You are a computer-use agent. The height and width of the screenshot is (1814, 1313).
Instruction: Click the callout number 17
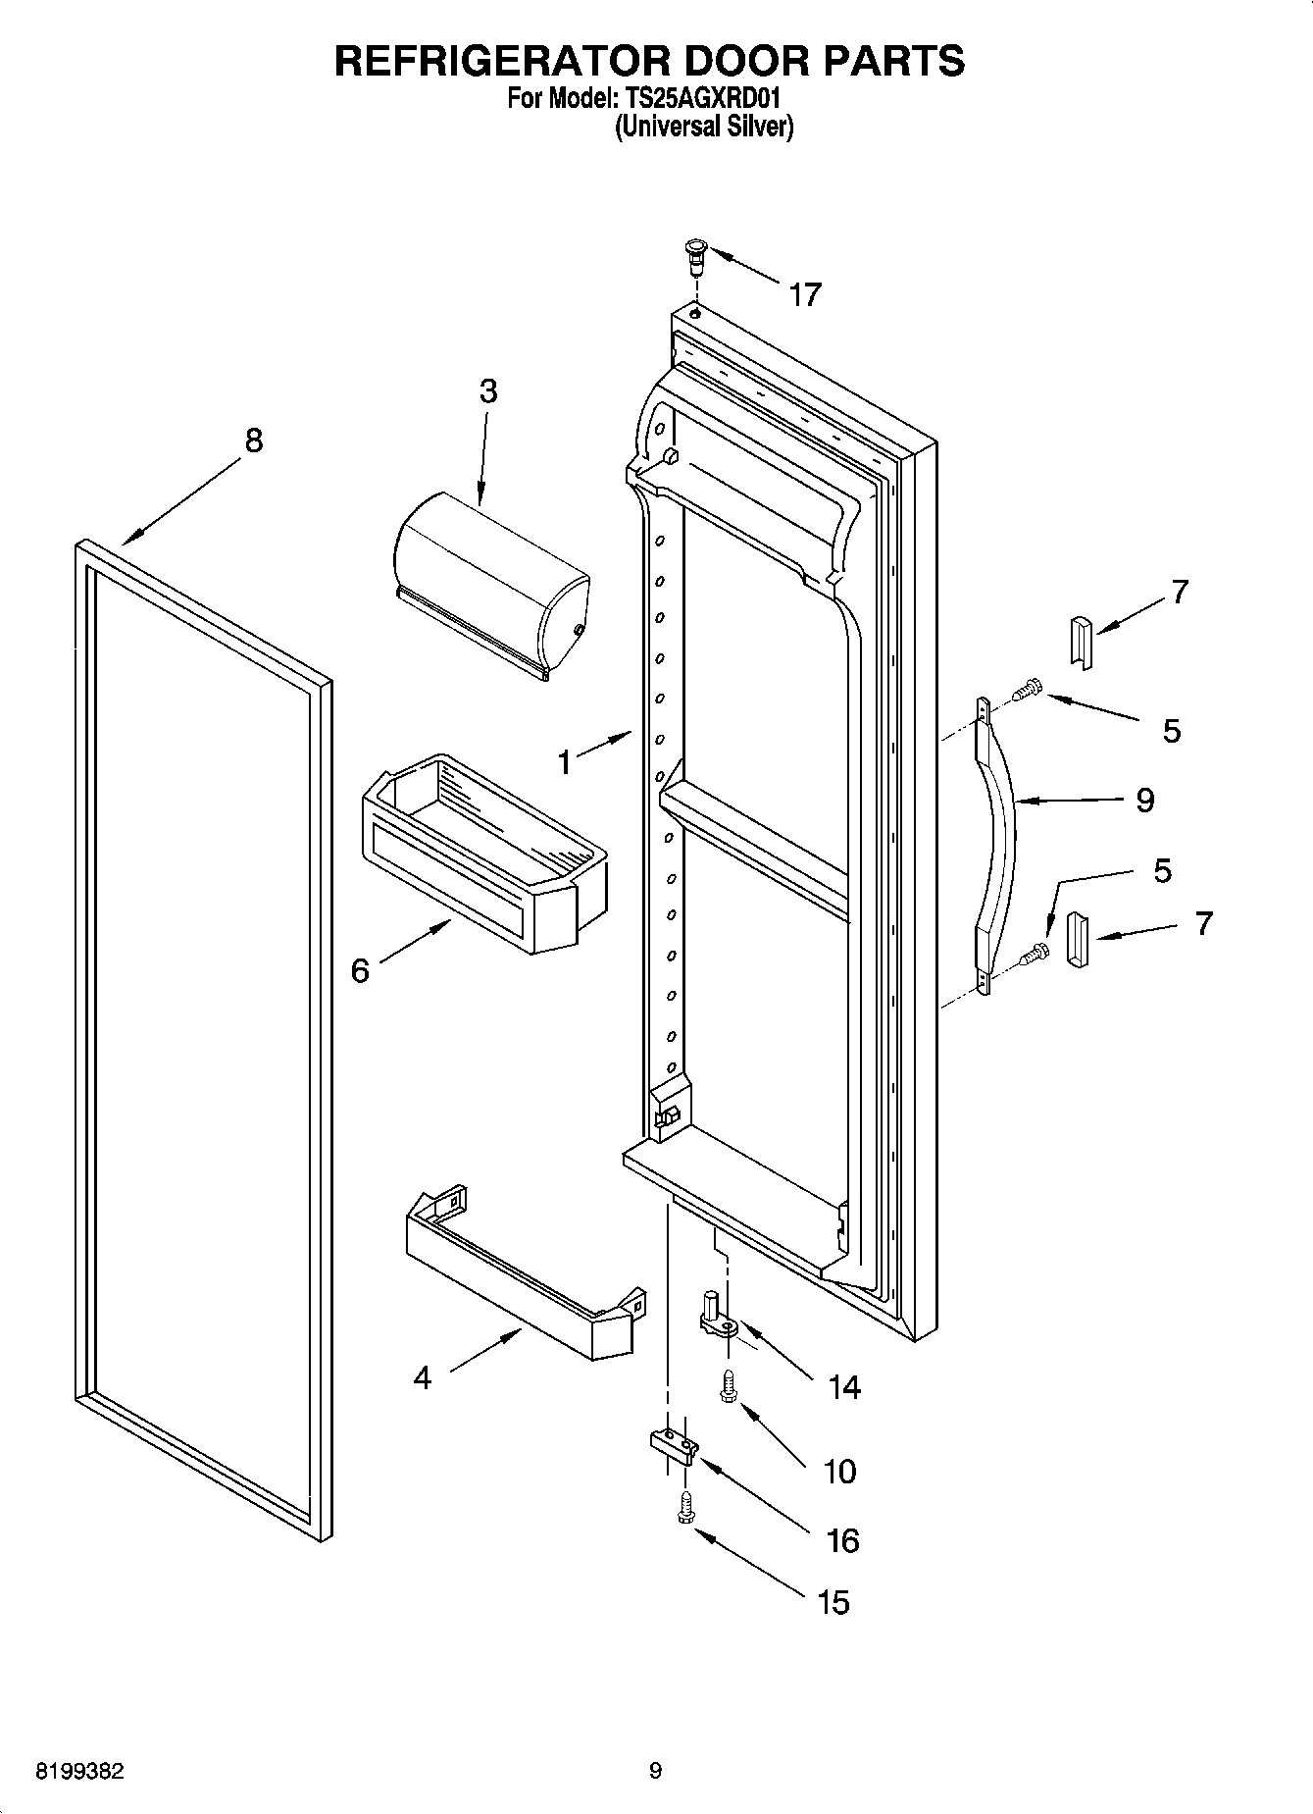804,294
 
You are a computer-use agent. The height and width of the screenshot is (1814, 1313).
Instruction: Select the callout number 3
488,391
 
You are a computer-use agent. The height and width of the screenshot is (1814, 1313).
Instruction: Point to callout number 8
253,441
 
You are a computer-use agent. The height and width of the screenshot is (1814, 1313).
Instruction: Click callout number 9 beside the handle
1144,800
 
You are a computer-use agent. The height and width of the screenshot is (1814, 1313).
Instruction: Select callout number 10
839,1471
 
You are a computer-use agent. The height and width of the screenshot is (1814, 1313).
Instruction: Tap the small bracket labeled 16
674,1443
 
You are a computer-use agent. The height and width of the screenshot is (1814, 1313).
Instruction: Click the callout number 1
564,762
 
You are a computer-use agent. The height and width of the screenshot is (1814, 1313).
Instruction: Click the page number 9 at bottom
655,1771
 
